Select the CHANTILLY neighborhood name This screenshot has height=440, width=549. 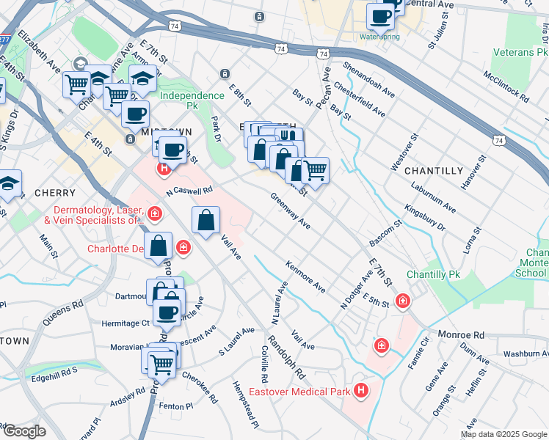(x=433, y=170)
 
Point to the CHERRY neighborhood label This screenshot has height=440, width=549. (x=54, y=193)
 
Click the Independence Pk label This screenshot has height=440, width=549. (x=192, y=96)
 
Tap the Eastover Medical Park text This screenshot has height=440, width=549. (x=308, y=392)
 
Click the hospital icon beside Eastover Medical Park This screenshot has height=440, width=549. (x=360, y=391)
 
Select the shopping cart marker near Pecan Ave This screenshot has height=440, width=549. (x=315, y=171)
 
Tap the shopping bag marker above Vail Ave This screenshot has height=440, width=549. (x=206, y=219)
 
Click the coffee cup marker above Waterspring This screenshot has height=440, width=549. (x=380, y=15)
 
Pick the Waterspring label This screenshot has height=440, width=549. (x=379, y=36)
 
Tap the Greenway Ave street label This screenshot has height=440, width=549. (x=290, y=210)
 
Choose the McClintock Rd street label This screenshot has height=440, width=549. (x=506, y=87)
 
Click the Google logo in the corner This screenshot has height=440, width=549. (x=24, y=431)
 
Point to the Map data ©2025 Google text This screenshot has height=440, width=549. (x=503, y=434)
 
